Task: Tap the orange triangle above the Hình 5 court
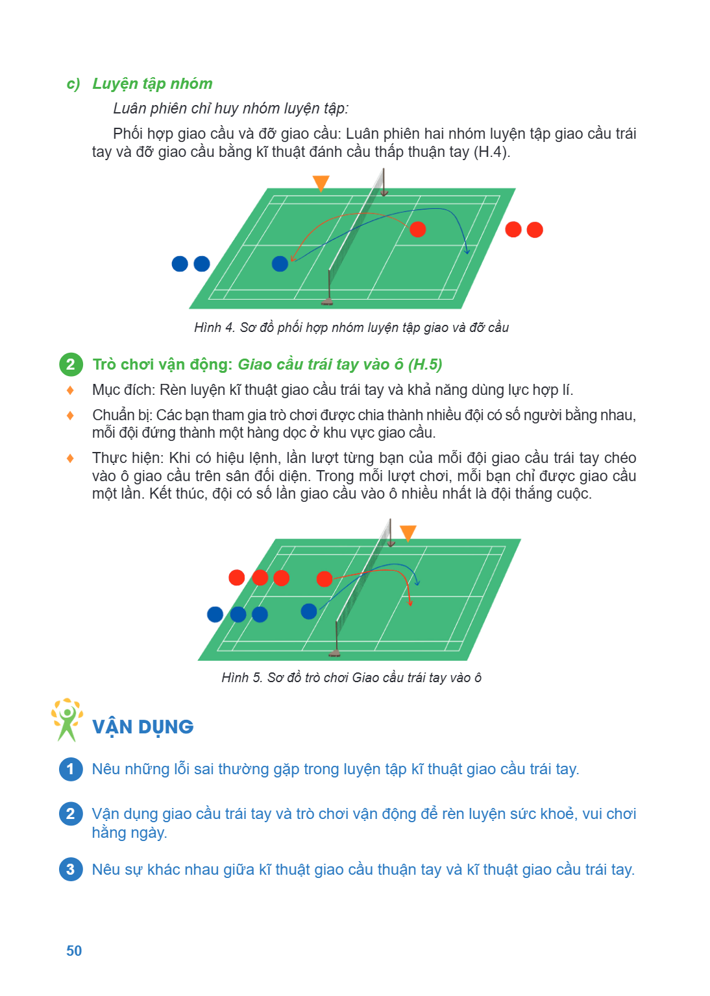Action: click(x=408, y=532)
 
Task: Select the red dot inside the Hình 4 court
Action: click(x=417, y=230)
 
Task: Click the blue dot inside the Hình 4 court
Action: click(x=280, y=264)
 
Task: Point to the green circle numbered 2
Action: click(x=71, y=364)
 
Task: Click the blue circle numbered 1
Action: click(x=71, y=769)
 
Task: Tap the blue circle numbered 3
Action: click(x=71, y=870)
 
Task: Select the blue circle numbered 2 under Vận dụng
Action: click(x=71, y=814)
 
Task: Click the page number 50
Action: click(x=74, y=951)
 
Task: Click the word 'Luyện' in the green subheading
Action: click(x=116, y=84)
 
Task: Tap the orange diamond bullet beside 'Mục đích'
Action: click(x=70, y=390)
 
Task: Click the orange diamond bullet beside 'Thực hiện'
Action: click(x=70, y=458)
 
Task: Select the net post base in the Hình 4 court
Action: click(x=327, y=303)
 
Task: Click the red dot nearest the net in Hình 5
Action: click(x=324, y=579)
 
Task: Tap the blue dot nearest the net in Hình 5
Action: click(x=309, y=611)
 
